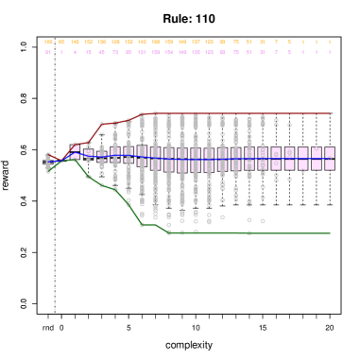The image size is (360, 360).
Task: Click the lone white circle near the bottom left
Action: pos(61,303)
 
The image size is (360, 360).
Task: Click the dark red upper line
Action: pos(236,113)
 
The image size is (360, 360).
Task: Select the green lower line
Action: pos(246,232)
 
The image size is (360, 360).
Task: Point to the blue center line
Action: pos(189,158)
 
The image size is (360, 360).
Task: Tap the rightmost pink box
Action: pos(329,158)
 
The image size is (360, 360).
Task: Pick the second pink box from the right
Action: pos(316,158)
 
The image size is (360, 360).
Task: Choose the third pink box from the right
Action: pos(302,158)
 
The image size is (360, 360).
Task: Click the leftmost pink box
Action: pos(75,152)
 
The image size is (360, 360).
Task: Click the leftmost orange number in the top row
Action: pos(48,43)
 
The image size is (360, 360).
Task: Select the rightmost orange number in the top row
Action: pos(329,43)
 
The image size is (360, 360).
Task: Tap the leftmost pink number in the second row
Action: pos(48,53)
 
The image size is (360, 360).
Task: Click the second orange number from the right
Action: pos(316,43)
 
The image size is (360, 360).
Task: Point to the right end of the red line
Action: pos(330,113)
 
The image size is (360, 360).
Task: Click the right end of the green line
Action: pos(330,232)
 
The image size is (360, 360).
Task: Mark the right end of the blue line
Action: pos(330,158)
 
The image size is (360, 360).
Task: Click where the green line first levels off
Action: pos(170,231)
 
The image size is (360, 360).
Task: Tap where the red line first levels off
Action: pos(143,114)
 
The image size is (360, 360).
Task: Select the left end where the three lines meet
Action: pos(48,162)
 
